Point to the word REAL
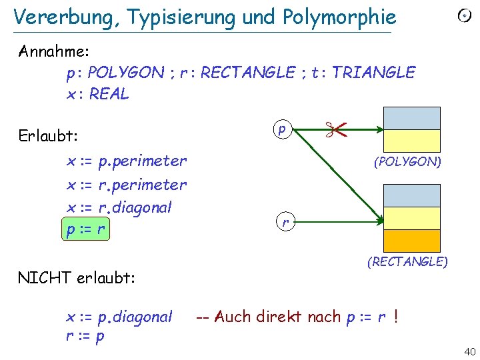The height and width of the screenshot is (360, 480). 109,94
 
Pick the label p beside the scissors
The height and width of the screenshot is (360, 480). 282,129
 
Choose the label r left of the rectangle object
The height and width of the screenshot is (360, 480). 285,222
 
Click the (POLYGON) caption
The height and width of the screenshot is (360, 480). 407,161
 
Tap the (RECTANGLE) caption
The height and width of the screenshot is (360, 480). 407,261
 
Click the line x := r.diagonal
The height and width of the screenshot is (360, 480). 119,207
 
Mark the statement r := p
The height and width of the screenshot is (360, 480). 85,336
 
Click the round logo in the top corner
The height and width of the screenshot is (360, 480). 464,16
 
